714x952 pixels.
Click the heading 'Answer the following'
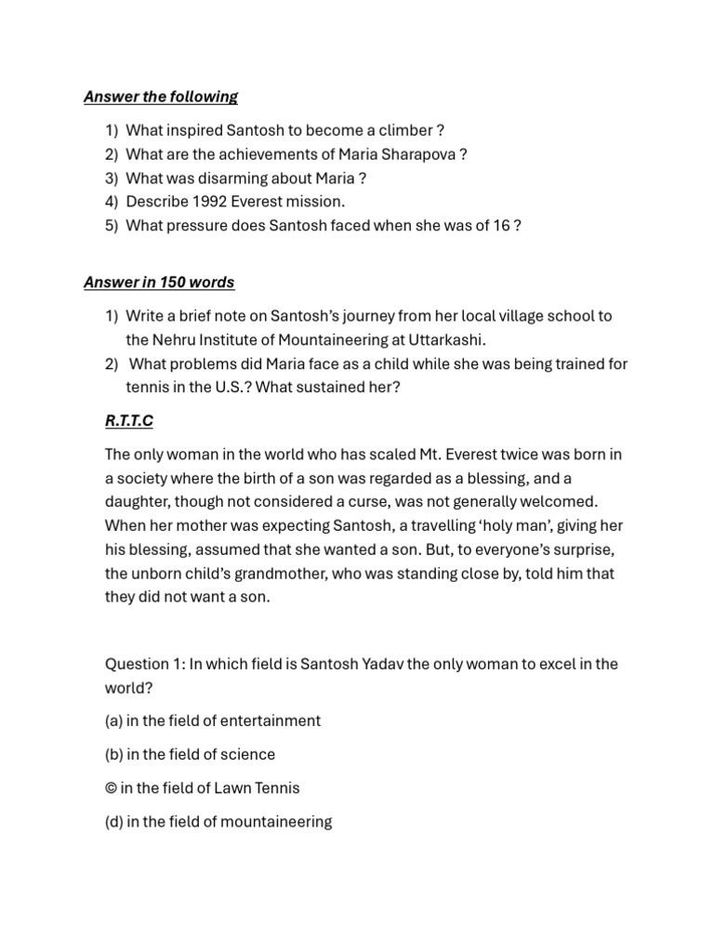[x=160, y=97]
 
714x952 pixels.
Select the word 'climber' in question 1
[x=400, y=130]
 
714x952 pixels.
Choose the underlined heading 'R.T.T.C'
[x=129, y=421]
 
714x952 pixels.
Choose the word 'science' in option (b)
[x=247, y=754]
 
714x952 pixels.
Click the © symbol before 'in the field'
[x=111, y=788]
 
